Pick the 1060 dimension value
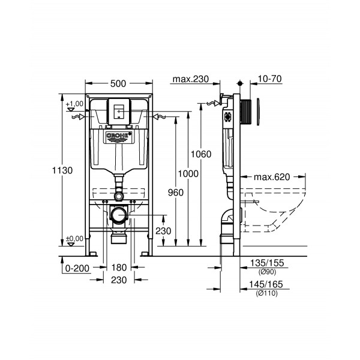point(200,154)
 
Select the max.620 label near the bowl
point(271,177)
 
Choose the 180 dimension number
point(118,268)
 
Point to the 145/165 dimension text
point(266,284)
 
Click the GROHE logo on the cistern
point(118,137)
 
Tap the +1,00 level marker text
point(74,104)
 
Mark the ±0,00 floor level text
point(74,238)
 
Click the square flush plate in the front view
point(118,111)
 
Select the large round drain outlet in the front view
point(119,214)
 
